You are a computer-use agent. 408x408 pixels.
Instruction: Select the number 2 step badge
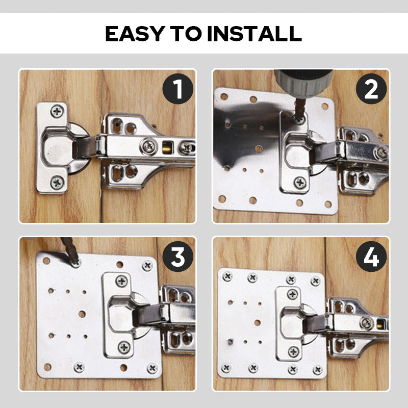tap(371, 89)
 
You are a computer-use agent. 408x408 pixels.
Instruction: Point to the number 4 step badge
tap(371, 258)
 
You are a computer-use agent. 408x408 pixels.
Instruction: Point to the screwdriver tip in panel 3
tap(76, 262)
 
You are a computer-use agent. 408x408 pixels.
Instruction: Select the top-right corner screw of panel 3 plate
tap(147, 266)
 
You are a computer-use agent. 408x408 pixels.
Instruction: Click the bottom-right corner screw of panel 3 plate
tap(151, 367)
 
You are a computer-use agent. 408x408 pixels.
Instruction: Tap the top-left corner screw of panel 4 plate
tap(227, 276)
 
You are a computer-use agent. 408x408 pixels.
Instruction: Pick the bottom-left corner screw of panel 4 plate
tap(226, 367)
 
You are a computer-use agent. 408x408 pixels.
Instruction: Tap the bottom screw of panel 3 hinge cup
tap(124, 347)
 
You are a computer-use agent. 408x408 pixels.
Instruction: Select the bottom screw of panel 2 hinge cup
tap(300, 182)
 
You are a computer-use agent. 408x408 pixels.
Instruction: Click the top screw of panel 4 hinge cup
tap(293, 294)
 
